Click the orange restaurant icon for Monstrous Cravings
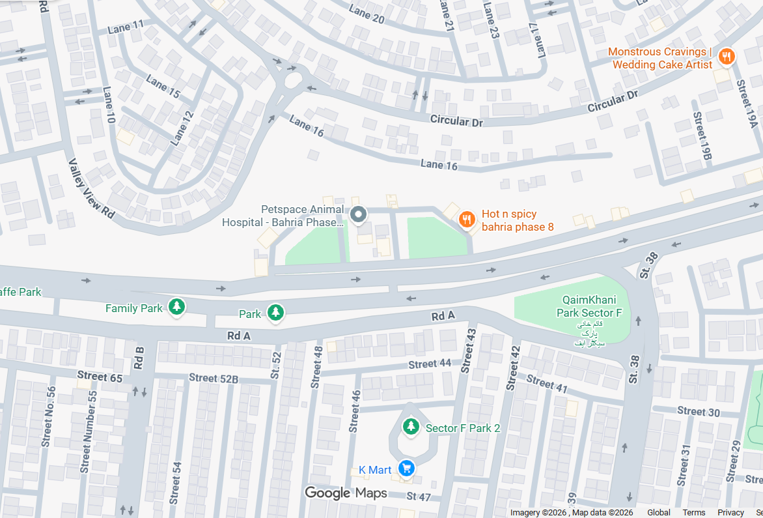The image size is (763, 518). pyautogui.click(x=726, y=58)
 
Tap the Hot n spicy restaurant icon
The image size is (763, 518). pyautogui.click(x=466, y=220)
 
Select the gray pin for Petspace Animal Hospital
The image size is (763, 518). pyautogui.click(x=357, y=214)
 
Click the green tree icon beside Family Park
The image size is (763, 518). pyautogui.click(x=176, y=307)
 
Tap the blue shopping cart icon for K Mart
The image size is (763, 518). pyautogui.click(x=407, y=468)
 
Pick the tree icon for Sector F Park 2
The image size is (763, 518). pyautogui.click(x=410, y=427)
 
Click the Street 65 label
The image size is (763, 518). pyautogui.click(x=100, y=376)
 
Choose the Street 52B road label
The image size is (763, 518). pyautogui.click(x=214, y=379)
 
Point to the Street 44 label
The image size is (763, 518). pyautogui.click(x=430, y=364)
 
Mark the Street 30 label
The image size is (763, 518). pyautogui.click(x=699, y=411)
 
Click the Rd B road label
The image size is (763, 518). pyautogui.click(x=139, y=358)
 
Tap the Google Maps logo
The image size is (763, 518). pyautogui.click(x=346, y=493)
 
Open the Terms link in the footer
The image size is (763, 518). pyautogui.click(x=693, y=513)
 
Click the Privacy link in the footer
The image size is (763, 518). pyautogui.click(x=730, y=513)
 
